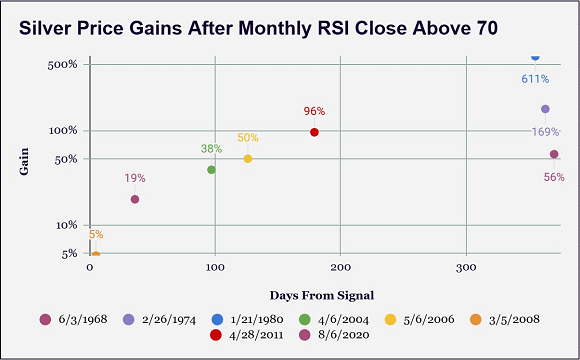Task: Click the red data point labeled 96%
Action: pyautogui.click(x=314, y=132)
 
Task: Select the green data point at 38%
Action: pyautogui.click(x=211, y=169)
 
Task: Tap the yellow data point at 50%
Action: pyautogui.click(x=248, y=159)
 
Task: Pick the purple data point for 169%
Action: pyautogui.click(x=545, y=109)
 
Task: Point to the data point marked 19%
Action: pyautogui.click(x=135, y=199)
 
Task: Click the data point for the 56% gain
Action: pyautogui.click(x=554, y=154)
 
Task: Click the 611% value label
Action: pyautogui.click(x=535, y=78)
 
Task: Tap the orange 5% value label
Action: pyautogui.click(x=96, y=235)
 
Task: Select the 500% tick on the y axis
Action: pyautogui.click(x=63, y=65)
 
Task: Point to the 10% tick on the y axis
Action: pyautogui.click(x=67, y=225)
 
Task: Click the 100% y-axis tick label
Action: pyautogui.click(x=63, y=131)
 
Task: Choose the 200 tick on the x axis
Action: pyautogui.click(x=340, y=268)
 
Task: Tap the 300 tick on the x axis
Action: pyautogui.click(x=465, y=268)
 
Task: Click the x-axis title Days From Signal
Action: pyautogui.click(x=322, y=295)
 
